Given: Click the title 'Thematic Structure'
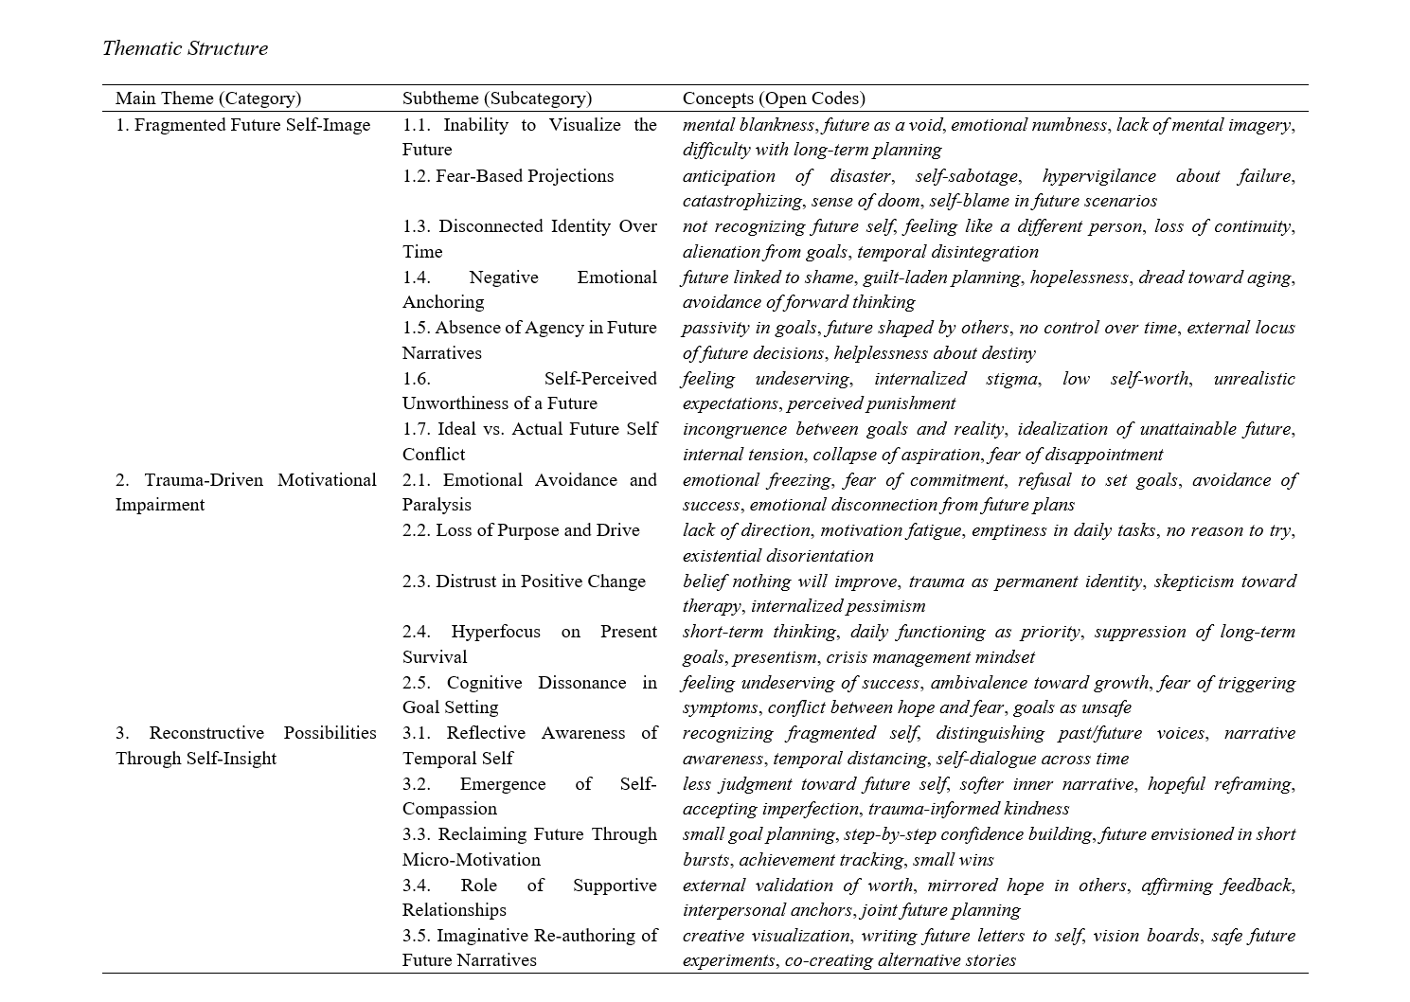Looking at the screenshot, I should coord(185,48).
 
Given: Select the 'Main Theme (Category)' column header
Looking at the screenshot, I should coord(208,98).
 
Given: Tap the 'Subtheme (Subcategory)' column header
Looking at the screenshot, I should coord(497,98).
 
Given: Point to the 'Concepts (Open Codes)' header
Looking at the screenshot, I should coord(774,98).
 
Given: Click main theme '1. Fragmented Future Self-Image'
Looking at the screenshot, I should coord(243,125).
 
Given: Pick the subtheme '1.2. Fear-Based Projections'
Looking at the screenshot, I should coord(508,176).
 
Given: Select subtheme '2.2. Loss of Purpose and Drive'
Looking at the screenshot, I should coord(521,530).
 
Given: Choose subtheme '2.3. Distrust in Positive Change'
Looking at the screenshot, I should coord(524,582).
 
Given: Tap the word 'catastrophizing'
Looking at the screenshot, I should coord(743,201).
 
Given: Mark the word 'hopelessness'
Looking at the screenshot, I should coord(1080,277).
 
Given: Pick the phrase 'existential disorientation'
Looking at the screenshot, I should coord(778,556).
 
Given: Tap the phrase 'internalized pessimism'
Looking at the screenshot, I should coord(838,606).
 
